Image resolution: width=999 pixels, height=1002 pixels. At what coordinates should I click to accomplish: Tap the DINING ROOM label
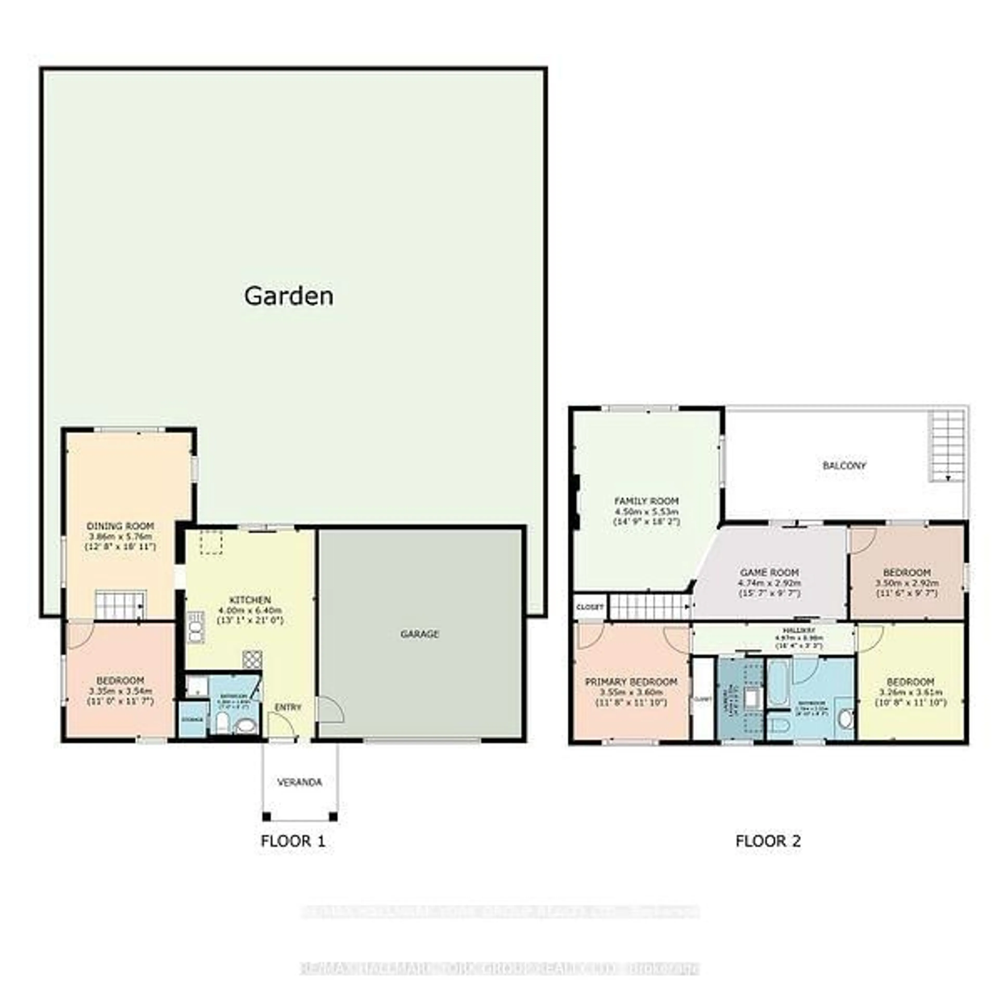pos(120,526)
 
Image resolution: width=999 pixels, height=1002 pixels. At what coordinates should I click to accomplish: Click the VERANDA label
pos(299,782)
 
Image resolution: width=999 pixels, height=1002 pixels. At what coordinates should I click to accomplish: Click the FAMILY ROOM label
pos(646,501)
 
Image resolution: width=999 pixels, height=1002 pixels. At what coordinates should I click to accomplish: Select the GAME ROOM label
pos(769,573)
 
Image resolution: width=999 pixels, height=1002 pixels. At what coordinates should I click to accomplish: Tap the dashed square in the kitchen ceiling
pos(211,542)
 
